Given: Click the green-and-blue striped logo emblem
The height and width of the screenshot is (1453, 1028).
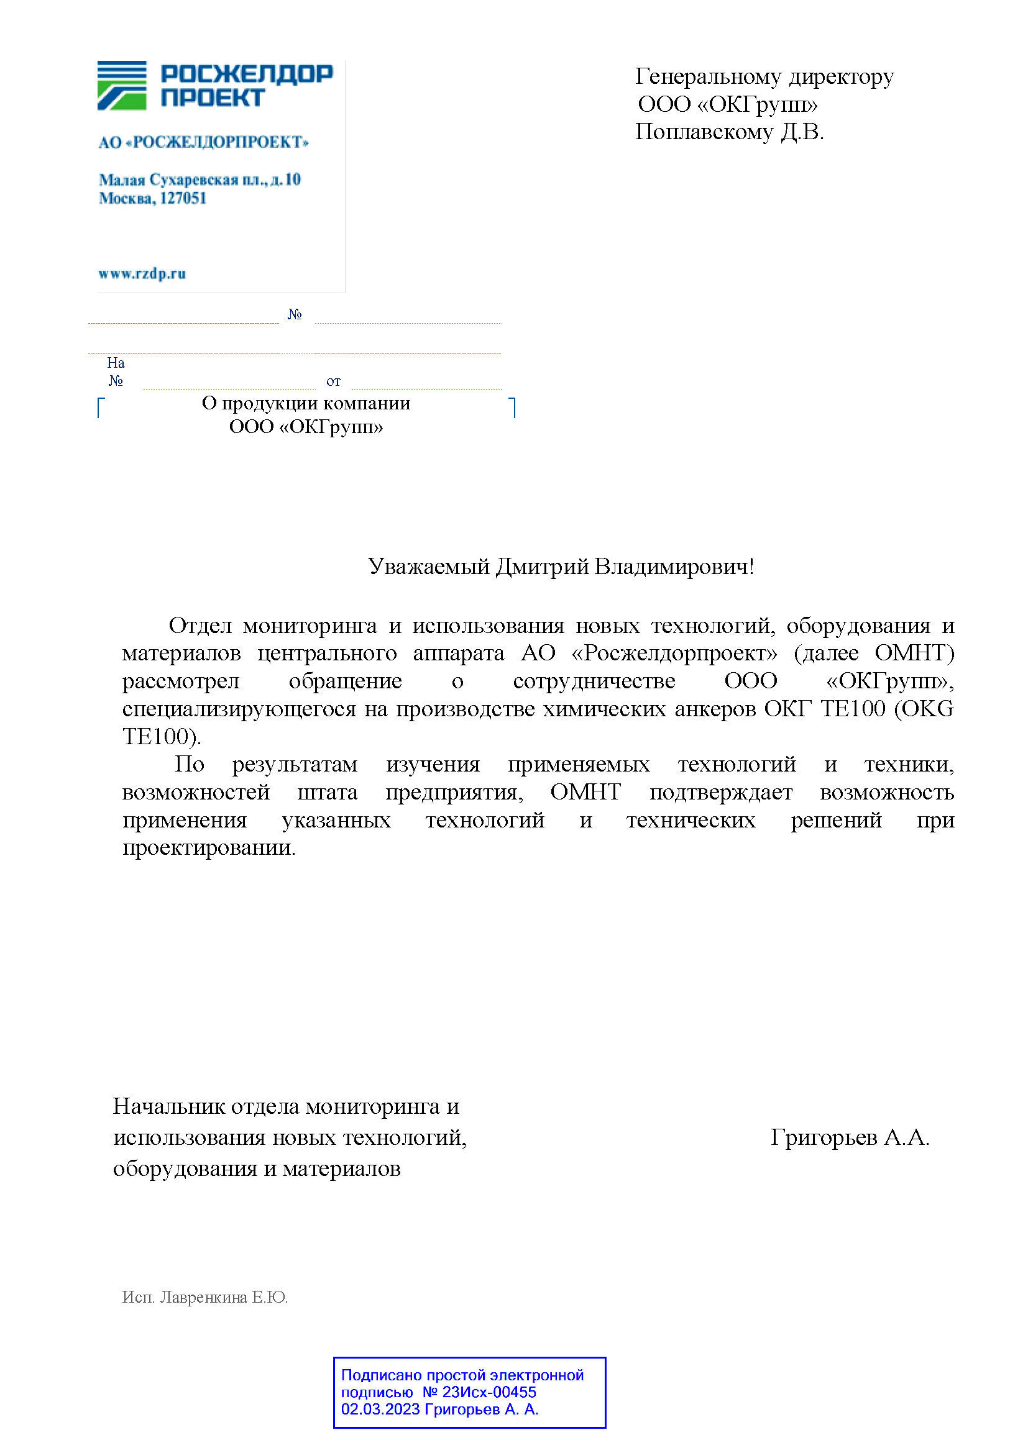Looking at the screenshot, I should tap(122, 86).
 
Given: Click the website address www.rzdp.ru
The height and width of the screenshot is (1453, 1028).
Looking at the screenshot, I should tap(142, 273).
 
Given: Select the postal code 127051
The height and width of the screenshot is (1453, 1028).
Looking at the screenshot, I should tap(183, 198).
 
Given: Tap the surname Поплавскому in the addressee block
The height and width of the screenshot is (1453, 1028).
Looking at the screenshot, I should tap(704, 132).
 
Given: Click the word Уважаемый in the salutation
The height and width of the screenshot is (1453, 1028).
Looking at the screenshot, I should tap(429, 566).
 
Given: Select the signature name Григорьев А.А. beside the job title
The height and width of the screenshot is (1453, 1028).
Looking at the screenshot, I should tap(849, 1137).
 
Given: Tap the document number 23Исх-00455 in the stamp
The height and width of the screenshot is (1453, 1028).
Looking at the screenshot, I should tap(489, 1392).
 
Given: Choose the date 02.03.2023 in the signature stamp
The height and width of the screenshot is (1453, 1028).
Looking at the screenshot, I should tap(380, 1410).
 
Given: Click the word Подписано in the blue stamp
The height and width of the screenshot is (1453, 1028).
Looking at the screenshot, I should tap(381, 1375).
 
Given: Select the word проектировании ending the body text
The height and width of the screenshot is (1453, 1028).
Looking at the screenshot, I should tap(208, 847).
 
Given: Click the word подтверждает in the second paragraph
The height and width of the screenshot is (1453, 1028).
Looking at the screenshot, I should tap(720, 791).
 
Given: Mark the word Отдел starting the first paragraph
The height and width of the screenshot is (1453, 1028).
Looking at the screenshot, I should tap(200, 626).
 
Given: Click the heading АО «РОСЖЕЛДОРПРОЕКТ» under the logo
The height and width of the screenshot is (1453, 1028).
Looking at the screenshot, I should tap(203, 142).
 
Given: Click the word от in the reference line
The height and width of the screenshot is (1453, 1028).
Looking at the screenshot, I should tap(333, 381).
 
